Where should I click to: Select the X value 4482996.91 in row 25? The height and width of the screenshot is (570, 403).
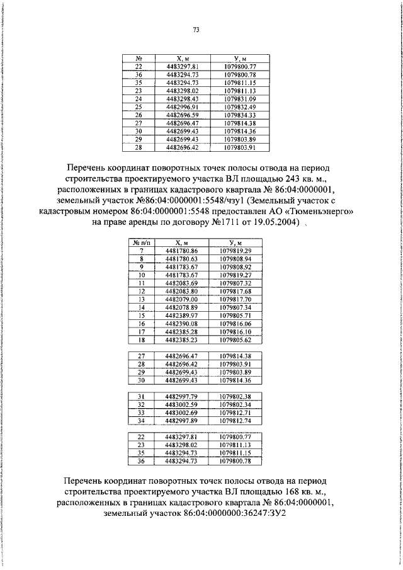183,106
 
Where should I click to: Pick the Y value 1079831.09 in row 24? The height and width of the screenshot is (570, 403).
239,98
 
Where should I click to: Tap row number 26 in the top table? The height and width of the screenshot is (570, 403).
139,115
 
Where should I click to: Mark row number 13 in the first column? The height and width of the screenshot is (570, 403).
142,299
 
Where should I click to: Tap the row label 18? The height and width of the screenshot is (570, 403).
142,339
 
